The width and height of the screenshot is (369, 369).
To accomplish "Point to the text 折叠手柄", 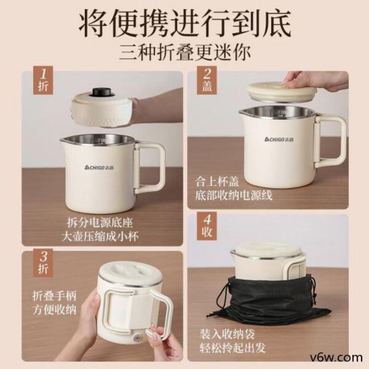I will (x=51, y=294).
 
